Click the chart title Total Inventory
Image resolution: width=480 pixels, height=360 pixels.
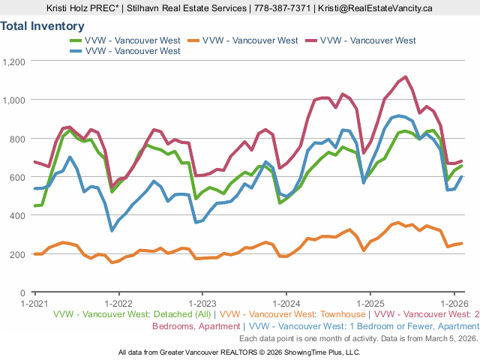[43, 26]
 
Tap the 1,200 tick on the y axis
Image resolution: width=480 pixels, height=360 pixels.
[14, 61]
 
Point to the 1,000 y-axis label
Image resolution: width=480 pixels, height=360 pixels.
[14, 100]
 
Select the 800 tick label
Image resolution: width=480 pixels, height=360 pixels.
[18, 139]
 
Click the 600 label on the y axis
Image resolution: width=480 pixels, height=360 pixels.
[18, 177]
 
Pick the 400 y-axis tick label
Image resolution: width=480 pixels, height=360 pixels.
[18, 215]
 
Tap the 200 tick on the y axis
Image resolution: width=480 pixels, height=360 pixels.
[18, 254]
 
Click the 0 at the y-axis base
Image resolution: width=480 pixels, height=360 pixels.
[24, 293]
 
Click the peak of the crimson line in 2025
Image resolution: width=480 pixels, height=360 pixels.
[406, 76]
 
